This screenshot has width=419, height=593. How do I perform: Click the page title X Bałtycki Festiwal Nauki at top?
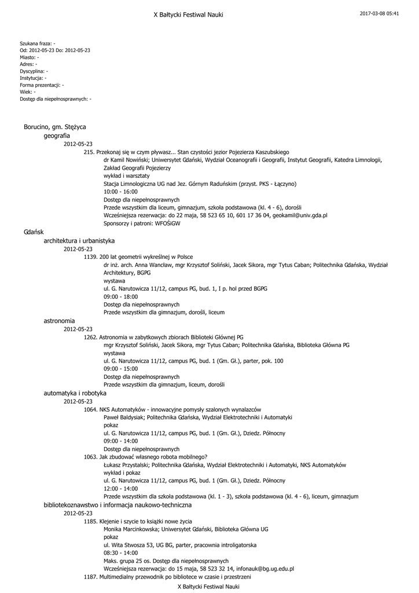188,14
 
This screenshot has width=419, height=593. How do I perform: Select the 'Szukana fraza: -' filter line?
38,43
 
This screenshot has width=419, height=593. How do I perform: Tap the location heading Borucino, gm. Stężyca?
55,127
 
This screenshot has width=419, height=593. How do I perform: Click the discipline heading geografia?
57,136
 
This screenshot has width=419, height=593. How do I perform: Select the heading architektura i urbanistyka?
79,240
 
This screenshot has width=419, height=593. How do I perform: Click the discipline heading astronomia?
59,320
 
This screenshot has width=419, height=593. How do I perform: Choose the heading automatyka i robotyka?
75,393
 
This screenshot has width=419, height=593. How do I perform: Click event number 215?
89,152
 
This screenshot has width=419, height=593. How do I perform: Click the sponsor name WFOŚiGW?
172,224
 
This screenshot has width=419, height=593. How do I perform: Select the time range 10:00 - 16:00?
120,192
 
